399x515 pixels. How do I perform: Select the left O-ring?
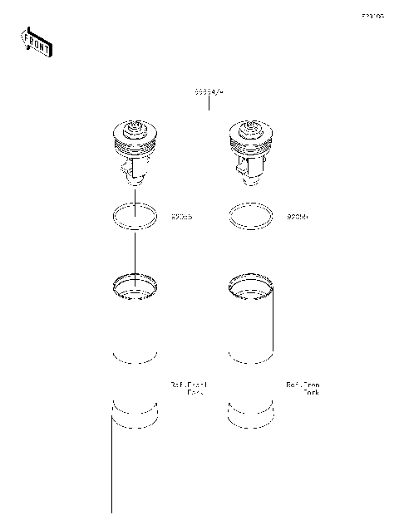pos(134,216)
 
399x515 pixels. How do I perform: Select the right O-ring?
pos(250,216)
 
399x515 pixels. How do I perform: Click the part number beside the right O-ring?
pos(297,217)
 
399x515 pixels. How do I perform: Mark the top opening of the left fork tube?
pos(134,287)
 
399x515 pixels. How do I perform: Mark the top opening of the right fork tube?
pos(250,287)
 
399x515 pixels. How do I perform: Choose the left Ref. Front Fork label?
pos(189,388)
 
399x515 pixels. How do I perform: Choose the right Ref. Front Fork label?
pos(303,388)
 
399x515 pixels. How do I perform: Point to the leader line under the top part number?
pos(209,102)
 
